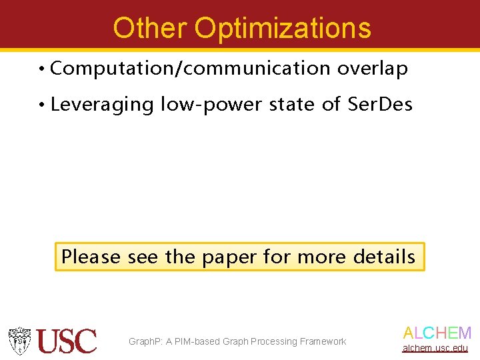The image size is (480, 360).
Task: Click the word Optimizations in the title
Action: tap(283, 28)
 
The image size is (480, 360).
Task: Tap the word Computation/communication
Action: tap(190, 69)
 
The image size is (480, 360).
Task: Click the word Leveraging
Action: tap(102, 105)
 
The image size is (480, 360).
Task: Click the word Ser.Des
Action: tap(380, 105)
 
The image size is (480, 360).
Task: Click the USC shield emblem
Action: tap(20, 341)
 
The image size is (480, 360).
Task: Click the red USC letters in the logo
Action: tap(67, 341)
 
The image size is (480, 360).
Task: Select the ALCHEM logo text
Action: tap(437, 333)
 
